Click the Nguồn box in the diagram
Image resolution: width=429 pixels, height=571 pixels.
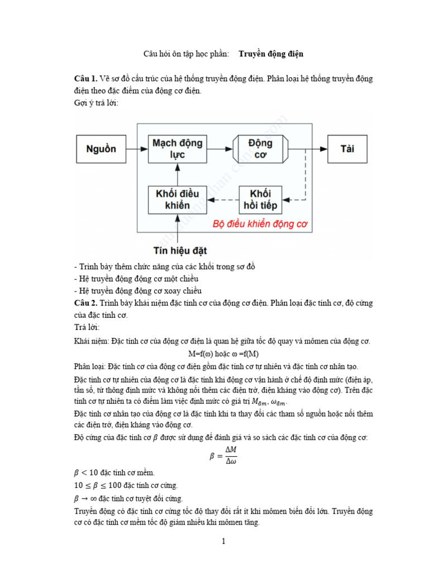[x=101, y=149]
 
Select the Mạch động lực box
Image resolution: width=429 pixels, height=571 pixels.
[x=177, y=149]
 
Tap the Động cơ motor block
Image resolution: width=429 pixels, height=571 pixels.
[x=260, y=149]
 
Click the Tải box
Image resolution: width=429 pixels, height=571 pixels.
[x=347, y=149]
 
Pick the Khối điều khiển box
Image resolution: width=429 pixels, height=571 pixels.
[x=177, y=200]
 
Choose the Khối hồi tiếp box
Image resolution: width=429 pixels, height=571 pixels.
[x=260, y=200]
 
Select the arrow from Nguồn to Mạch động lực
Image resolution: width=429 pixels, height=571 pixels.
[x=137, y=149]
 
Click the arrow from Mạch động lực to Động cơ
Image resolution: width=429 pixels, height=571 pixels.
[x=219, y=149]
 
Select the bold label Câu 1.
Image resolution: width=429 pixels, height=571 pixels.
[x=86, y=79]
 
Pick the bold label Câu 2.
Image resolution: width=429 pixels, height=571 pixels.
[x=87, y=303]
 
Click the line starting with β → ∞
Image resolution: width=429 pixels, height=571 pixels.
[x=128, y=498]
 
